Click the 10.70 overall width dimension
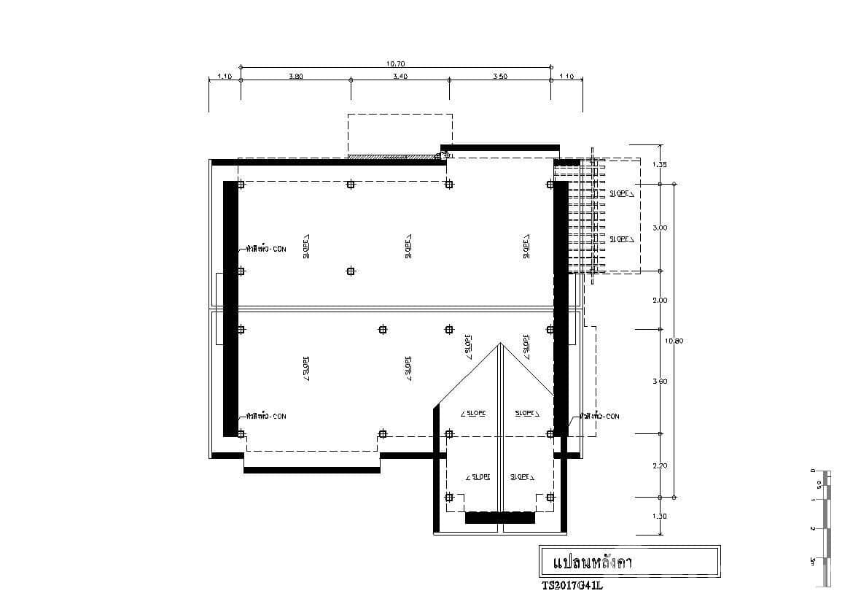pos(396,63)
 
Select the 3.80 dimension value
pos(296,76)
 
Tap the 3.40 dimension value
pos(400,76)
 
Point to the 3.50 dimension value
pos(500,76)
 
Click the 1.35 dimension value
pos(659,165)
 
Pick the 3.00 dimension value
pos(659,228)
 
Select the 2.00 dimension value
pos(659,300)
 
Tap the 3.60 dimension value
pos(659,381)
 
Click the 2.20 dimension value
pos(659,465)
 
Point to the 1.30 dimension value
pos(659,516)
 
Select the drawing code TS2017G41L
pos(573,584)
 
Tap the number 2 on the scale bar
pos(812,528)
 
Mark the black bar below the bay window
pos(311,470)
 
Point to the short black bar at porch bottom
pos(500,518)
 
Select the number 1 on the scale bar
pos(812,500)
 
